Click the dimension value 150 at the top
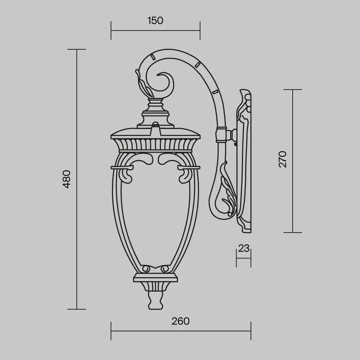(155, 21)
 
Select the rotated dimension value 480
(67, 179)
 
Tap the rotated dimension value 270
(283, 159)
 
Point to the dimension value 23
(244, 248)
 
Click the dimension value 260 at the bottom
(180, 321)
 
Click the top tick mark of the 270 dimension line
(292, 90)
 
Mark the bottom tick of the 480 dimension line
(77, 309)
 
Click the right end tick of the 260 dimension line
(251, 331)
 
